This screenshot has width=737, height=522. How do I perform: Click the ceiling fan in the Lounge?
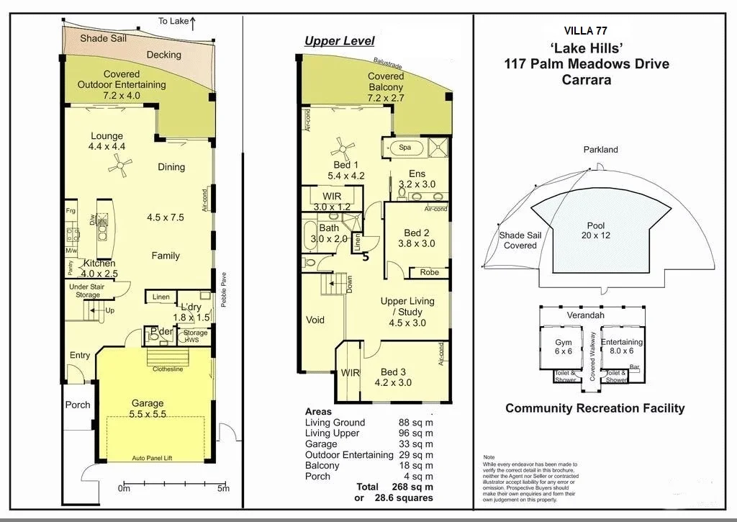119,167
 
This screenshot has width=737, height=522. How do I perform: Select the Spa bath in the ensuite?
404,148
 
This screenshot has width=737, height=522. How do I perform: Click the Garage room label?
147,403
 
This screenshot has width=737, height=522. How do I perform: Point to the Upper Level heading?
339,41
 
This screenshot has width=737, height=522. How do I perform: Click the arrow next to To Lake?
194,21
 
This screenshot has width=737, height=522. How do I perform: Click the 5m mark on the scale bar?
224,489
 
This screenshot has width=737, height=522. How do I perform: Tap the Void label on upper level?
315,320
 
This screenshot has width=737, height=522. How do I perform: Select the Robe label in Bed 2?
430,273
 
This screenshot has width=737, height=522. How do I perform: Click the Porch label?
78,405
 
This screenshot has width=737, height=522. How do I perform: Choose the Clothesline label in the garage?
168,369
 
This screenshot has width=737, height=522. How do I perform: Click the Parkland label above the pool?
600,150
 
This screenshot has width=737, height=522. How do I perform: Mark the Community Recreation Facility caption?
594,408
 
